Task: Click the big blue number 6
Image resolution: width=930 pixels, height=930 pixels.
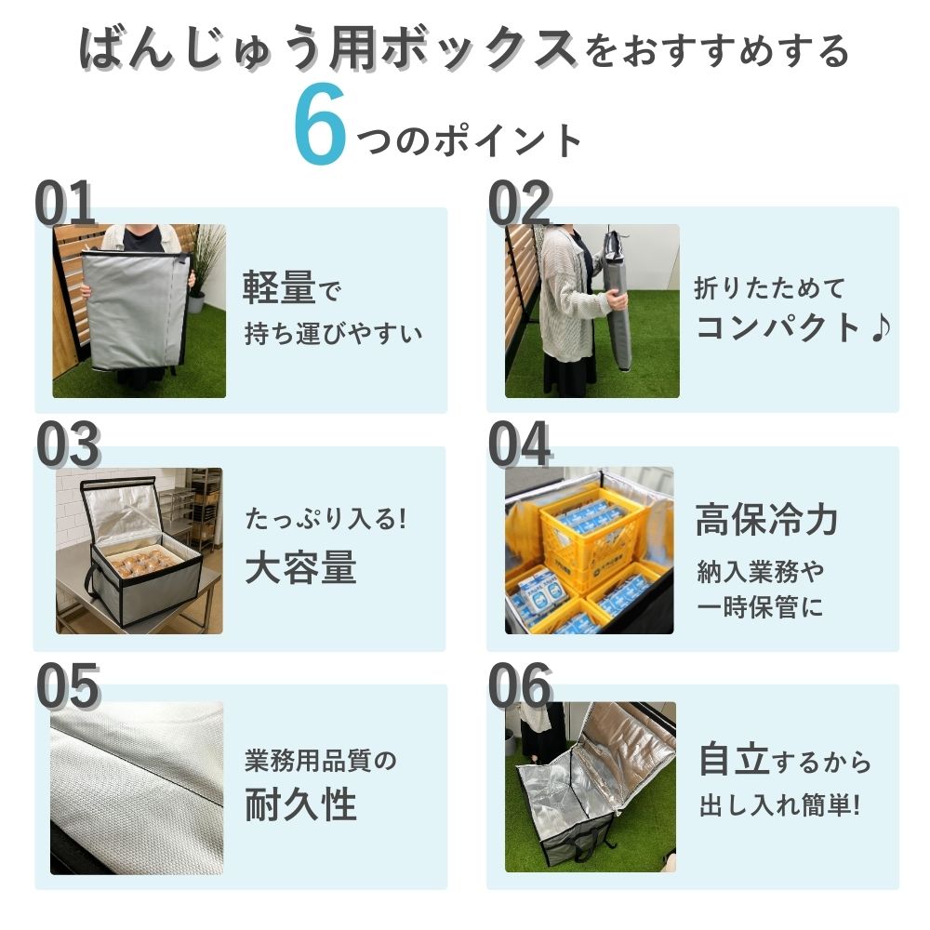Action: [x=320, y=124]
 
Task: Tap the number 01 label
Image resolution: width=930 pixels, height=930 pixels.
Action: [x=65, y=204]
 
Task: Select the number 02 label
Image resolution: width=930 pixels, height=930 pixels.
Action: [x=520, y=204]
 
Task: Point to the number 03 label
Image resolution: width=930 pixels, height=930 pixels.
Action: [x=68, y=445]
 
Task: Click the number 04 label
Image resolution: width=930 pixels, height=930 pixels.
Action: [x=520, y=445]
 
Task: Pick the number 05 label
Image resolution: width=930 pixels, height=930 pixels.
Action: [x=68, y=686]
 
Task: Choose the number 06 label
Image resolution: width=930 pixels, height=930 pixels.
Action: [x=520, y=686]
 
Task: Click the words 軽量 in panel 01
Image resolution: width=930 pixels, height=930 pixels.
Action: [x=279, y=288]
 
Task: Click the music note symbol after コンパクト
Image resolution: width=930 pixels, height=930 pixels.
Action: [x=881, y=328]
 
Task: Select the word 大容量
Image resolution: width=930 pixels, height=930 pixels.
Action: [x=300, y=567]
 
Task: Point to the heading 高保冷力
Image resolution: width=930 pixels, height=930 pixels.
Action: [x=767, y=519]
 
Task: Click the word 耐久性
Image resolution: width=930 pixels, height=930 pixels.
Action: [x=300, y=804]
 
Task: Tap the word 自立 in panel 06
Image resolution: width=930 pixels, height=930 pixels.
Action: [x=735, y=759]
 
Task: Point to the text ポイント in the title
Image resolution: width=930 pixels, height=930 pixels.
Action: [x=508, y=141]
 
